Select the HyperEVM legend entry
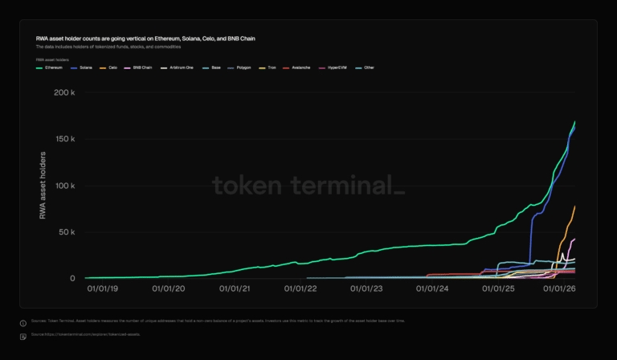(x=338, y=67)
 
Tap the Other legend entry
(x=368, y=67)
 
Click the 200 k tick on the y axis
(x=64, y=92)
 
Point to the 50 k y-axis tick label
(x=66, y=232)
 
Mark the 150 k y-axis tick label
(x=64, y=139)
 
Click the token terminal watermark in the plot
(x=308, y=186)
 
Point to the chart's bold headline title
(x=145, y=38)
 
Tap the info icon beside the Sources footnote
(x=23, y=323)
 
